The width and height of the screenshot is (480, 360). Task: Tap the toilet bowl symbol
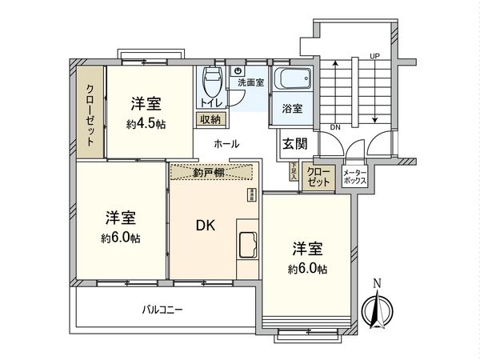211,81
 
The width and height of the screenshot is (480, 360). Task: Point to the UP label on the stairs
374,55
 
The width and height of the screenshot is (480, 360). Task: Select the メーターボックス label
354,178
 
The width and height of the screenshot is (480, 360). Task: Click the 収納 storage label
211,119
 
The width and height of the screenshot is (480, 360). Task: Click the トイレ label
210,104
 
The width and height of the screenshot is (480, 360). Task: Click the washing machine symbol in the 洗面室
238,70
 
